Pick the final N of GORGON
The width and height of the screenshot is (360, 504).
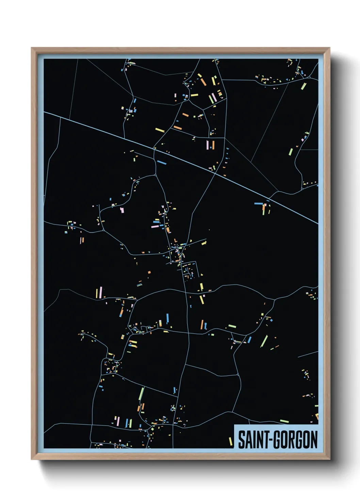pyautogui.click(x=314, y=440)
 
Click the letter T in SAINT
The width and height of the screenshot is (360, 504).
pyautogui.click(x=266, y=440)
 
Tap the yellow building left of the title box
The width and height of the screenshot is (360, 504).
pyautogui.click(x=230, y=441)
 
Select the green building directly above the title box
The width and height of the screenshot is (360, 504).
pyautogui.click(x=284, y=421)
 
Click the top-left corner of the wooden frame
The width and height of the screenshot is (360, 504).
pyautogui.click(x=32, y=48)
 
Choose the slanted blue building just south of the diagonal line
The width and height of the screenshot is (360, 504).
pyautogui.click(x=162, y=162)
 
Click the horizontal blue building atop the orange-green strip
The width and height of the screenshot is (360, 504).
pyautogui.click(x=259, y=204)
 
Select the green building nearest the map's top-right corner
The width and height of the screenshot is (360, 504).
pyautogui.click(x=303, y=85)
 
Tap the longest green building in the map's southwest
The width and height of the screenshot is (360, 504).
pyautogui.click(x=141, y=394)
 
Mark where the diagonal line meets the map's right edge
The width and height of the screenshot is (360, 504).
pyautogui.click(x=318, y=224)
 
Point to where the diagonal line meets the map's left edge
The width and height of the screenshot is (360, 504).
pyautogui.click(x=44, y=112)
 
